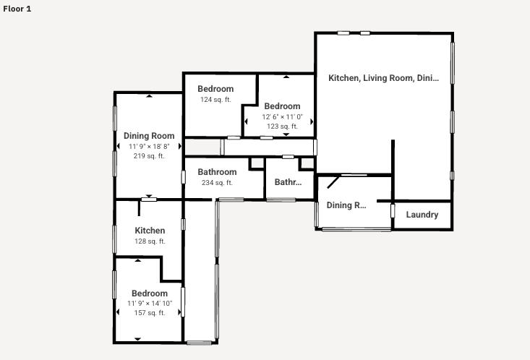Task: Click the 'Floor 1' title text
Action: click(x=17, y=9)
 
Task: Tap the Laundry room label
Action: click(x=422, y=215)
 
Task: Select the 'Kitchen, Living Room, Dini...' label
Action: click(x=383, y=78)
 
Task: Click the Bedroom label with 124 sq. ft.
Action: click(x=215, y=89)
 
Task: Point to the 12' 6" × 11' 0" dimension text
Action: click(x=282, y=116)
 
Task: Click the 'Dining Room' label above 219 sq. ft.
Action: click(x=149, y=136)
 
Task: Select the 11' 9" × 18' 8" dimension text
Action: click(x=149, y=146)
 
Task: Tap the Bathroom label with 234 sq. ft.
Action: click(x=217, y=172)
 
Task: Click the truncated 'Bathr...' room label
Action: click(x=287, y=182)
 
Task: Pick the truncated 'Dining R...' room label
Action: click(x=346, y=205)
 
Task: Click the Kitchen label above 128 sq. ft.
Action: click(x=150, y=231)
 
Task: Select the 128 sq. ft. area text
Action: click(x=150, y=241)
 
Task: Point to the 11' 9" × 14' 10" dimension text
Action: click(x=150, y=304)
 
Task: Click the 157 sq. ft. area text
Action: click(x=150, y=313)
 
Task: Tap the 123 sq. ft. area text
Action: click(x=282, y=127)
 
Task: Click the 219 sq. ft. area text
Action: click(x=149, y=156)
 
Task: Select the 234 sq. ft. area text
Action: click(x=217, y=183)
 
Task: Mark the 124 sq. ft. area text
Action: click(x=215, y=100)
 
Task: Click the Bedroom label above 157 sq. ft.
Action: click(x=150, y=293)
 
